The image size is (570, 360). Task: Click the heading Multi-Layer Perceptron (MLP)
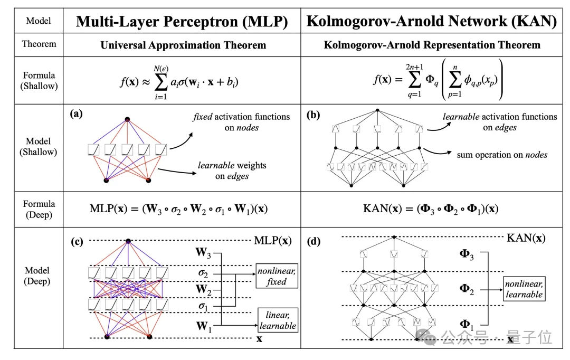182,21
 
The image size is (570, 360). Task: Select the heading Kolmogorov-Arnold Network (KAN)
432,21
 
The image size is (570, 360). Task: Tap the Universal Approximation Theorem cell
183,45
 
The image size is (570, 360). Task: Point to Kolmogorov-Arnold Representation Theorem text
432,45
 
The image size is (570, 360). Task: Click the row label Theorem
39,44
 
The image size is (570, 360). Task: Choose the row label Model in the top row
39,21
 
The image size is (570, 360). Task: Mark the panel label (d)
313,242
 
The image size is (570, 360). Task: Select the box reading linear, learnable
277,320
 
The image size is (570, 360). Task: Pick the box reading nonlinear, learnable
524,289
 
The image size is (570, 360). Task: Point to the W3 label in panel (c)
204,253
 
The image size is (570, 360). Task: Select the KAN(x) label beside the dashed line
526,238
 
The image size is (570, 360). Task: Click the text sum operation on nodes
502,155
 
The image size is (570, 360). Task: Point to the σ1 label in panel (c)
203,306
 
